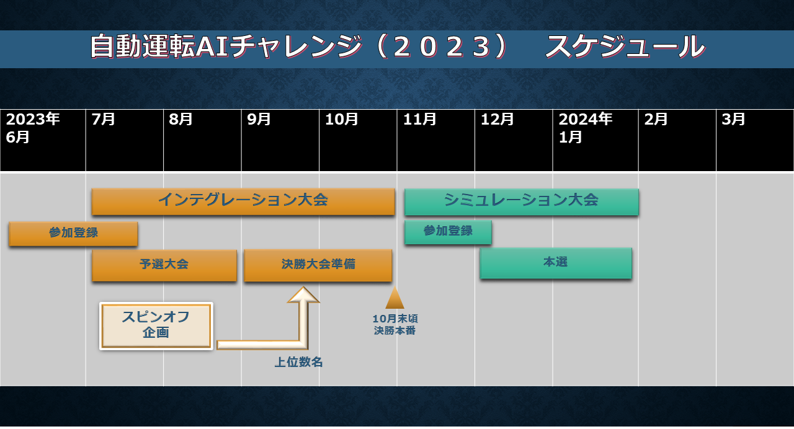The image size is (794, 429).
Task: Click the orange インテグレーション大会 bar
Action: point(243,201)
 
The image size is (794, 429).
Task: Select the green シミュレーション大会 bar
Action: point(522,202)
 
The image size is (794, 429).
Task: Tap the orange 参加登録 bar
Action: point(73,234)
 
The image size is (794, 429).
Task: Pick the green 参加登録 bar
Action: point(448,232)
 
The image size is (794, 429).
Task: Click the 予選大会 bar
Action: point(164,265)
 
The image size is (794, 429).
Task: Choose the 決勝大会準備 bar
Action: point(318,265)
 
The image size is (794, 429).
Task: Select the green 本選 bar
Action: point(556,263)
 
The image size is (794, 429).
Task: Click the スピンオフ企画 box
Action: point(156,326)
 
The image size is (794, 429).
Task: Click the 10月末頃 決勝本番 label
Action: point(395,324)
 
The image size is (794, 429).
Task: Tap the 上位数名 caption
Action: point(298,362)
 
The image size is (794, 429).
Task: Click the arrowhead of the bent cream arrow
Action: point(303,294)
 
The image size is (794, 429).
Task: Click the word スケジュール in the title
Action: point(625,46)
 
